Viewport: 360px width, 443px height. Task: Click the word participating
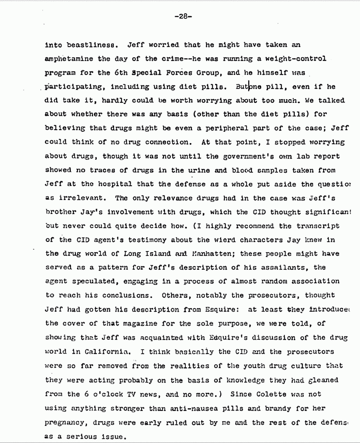click(75, 87)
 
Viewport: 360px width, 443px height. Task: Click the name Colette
click(259, 394)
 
